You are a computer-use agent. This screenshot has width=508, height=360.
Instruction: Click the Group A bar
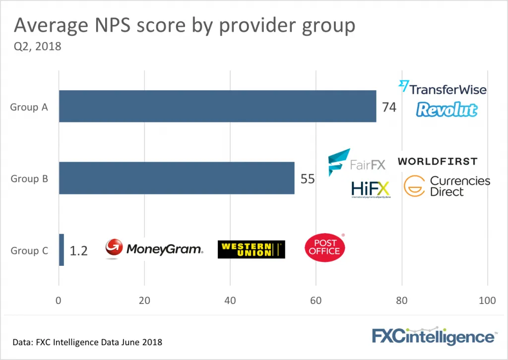click(217, 106)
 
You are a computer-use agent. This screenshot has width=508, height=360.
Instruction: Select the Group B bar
click(177, 178)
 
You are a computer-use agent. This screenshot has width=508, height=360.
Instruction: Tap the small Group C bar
click(62, 250)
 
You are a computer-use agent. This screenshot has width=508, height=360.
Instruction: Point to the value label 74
click(389, 107)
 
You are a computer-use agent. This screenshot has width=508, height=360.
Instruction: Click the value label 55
click(308, 179)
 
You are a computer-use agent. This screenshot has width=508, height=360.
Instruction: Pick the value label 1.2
click(78, 251)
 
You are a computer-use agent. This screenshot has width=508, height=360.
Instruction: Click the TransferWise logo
click(443, 89)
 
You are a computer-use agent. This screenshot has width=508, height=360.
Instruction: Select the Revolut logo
click(446, 110)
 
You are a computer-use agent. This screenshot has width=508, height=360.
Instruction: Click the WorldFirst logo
click(438, 161)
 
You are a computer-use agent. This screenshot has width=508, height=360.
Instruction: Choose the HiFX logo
click(370, 189)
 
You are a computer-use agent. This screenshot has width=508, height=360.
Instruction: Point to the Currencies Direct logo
click(446, 186)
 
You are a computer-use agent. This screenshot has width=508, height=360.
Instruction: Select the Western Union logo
click(251, 250)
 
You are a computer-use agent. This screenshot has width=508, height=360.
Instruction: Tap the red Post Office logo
click(325, 247)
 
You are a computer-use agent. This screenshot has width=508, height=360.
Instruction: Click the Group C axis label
click(29, 251)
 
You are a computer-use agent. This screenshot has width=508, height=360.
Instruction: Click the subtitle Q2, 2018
click(37, 47)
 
